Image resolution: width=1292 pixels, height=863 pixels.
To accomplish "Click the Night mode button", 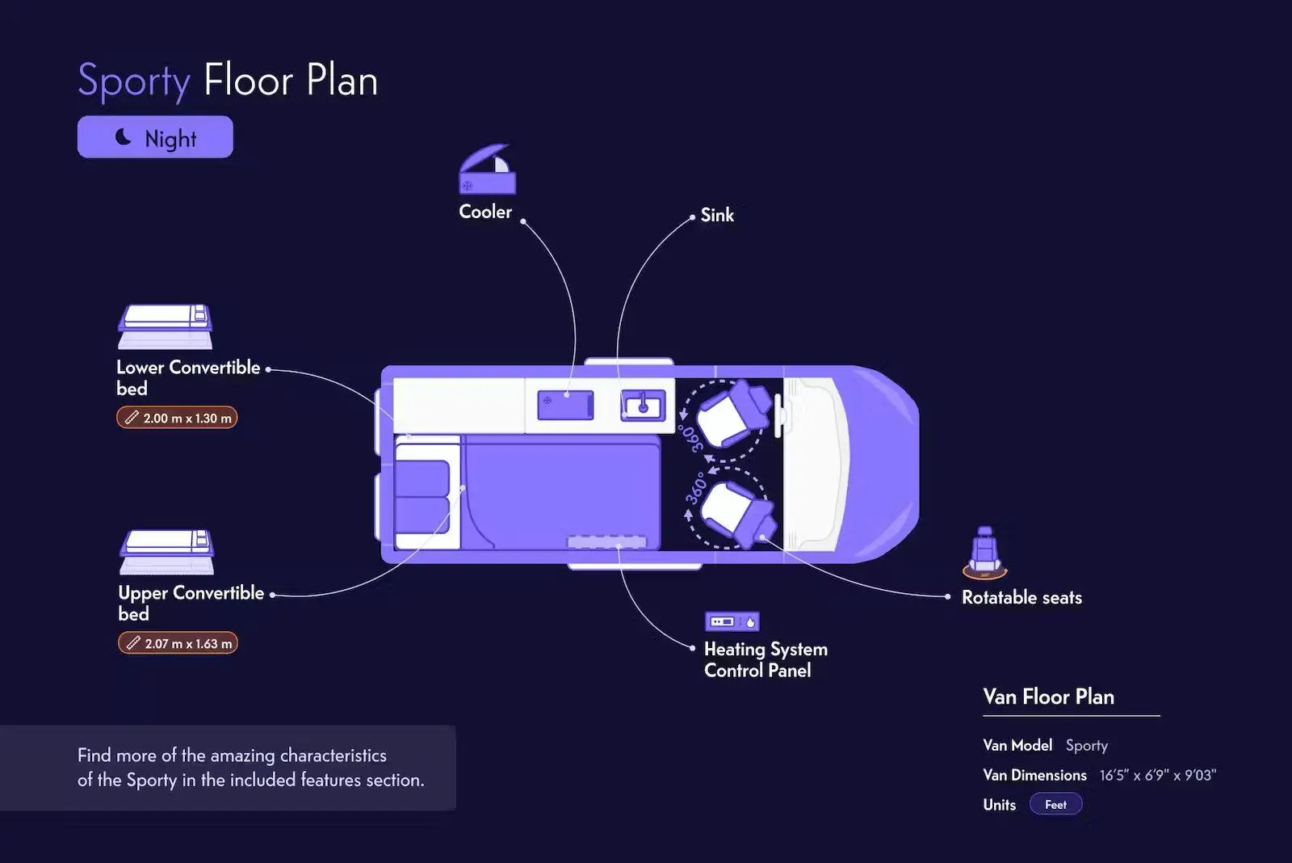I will coord(155,137).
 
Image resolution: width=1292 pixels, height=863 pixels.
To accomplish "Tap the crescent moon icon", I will coord(124,137).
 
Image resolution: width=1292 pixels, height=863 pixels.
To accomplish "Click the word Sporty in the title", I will coord(134,81).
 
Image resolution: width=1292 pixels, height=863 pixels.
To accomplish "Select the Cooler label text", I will coord(485,212).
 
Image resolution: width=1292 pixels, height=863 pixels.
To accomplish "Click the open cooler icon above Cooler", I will coord(487,170).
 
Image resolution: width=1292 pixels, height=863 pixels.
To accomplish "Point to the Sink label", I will coord(717,215).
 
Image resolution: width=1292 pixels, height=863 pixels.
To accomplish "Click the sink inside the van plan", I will coord(644,405).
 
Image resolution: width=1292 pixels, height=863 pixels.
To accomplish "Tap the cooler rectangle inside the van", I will coord(565,405).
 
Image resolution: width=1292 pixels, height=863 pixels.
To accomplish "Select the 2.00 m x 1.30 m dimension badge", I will coord(177,418).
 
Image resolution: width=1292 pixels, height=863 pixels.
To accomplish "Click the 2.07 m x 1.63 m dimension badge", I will coord(178,643).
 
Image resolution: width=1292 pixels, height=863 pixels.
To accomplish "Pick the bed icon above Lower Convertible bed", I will coord(166,326).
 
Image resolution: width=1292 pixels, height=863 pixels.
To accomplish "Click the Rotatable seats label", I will coord(1021,598).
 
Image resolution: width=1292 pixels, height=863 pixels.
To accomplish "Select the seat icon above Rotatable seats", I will coord(984,553).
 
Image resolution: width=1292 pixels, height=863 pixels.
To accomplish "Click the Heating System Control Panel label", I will coord(765,659).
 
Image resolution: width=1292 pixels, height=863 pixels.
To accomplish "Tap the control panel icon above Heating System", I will coord(732,621).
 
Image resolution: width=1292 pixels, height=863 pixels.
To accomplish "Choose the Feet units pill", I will coord(1055,805).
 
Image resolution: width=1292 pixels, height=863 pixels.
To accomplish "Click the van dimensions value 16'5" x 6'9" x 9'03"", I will coord(1157,776).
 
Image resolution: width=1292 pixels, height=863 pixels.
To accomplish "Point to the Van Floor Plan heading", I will coord(1048,697).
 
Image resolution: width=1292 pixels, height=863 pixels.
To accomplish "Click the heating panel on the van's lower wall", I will coord(607,542).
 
